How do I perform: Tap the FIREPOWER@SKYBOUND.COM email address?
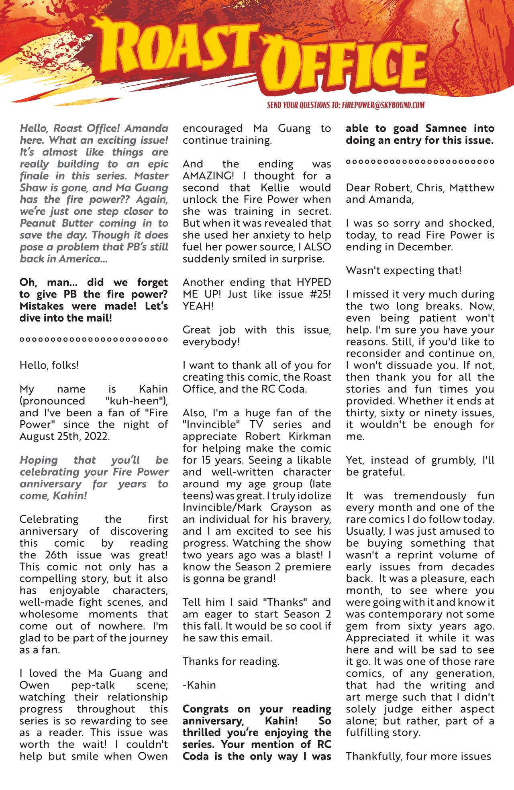tap(383, 105)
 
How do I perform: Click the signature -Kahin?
tap(199, 685)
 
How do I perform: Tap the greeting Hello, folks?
tap(49, 365)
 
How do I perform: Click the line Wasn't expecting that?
tap(404, 271)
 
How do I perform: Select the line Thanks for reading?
tap(231, 662)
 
